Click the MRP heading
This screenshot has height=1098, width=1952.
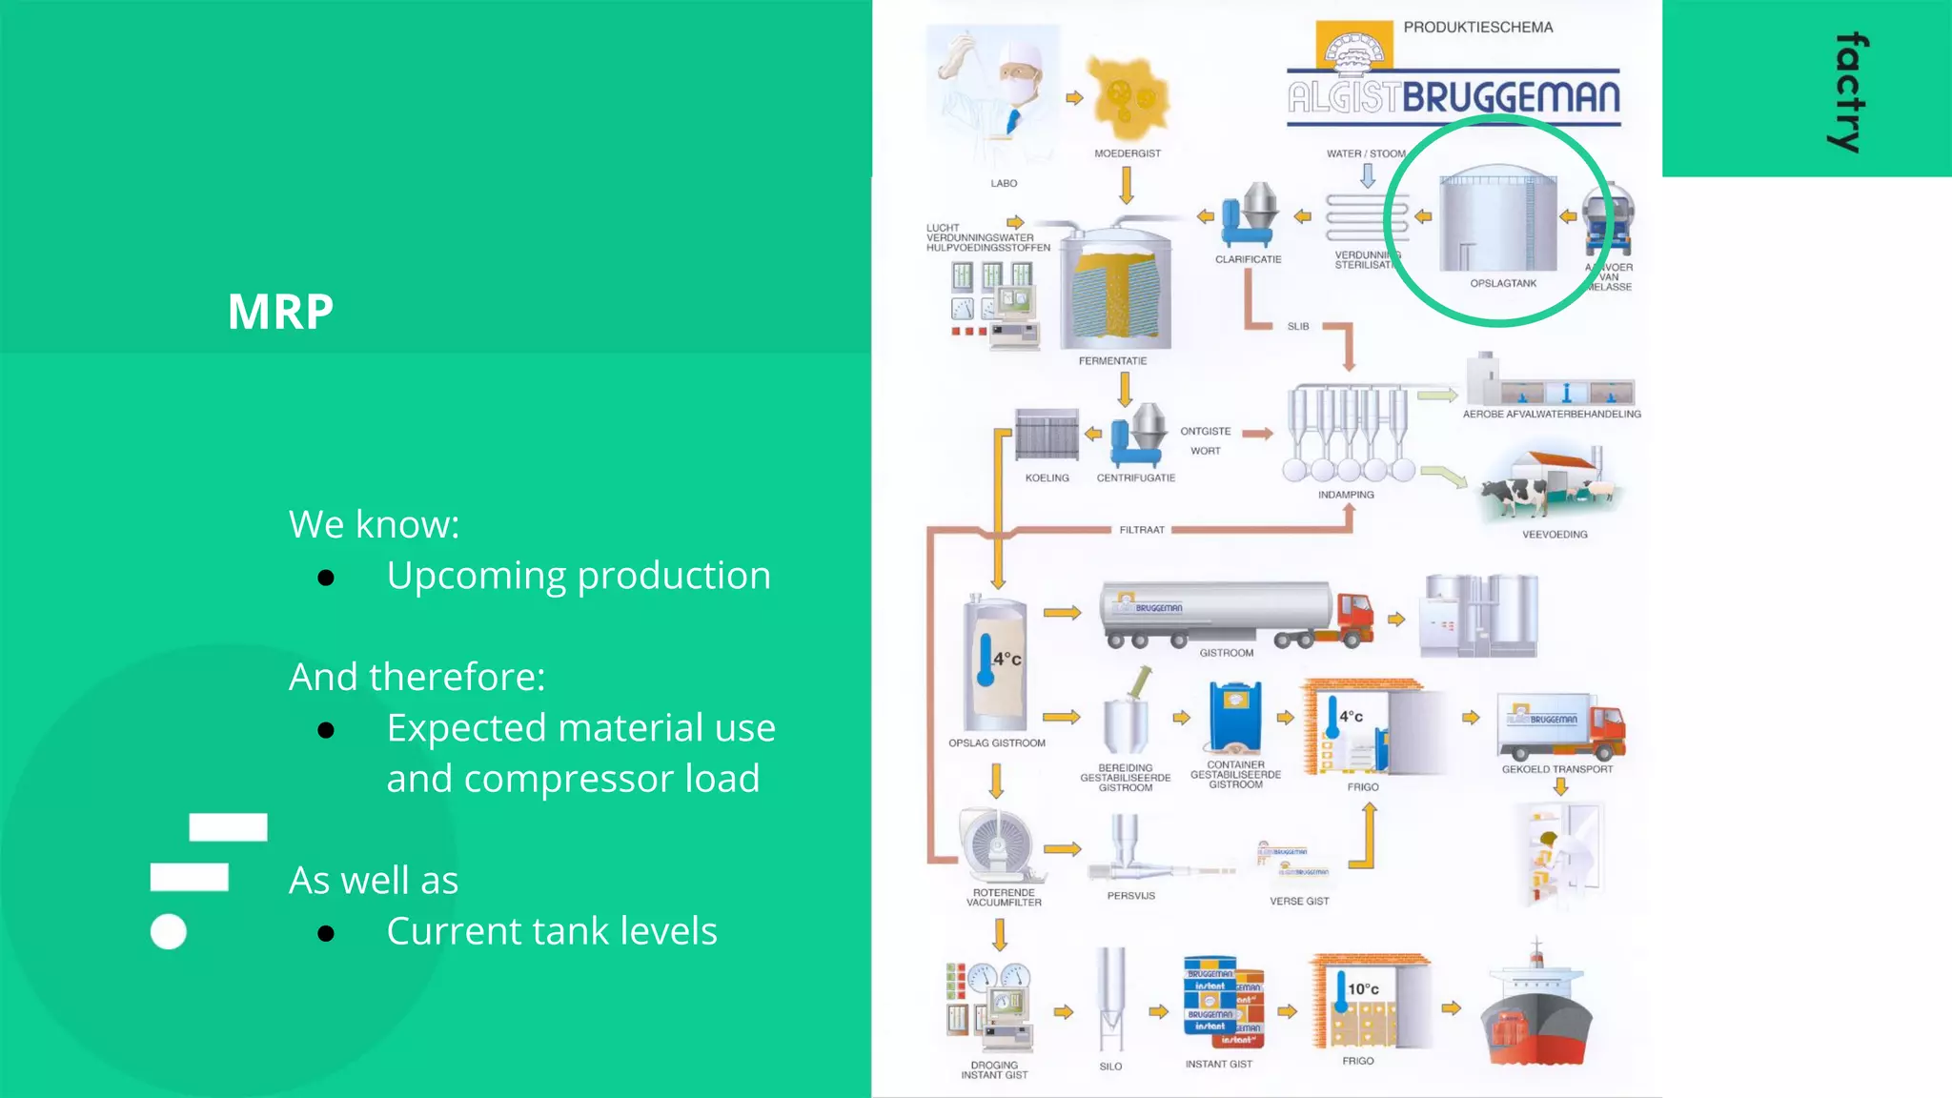[x=280, y=312]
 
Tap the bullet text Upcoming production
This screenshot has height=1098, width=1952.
[x=578, y=576]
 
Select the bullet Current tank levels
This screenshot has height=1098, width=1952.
[x=551, y=931]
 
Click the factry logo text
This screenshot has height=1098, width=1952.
[x=1850, y=92]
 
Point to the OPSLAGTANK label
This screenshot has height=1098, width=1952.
[x=1503, y=283]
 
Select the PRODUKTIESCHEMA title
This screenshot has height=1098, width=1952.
[x=1477, y=28]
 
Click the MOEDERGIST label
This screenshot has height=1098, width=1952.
[x=1128, y=153]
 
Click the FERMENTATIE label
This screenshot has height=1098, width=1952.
[x=1112, y=361]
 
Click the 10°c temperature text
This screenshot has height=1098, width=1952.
[x=1363, y=989]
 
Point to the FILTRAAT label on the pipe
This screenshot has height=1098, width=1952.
[x=1142, y=530]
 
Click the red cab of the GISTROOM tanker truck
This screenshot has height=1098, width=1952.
[x=1354, y=619]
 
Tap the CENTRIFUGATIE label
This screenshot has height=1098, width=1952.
[x=1135, y=478]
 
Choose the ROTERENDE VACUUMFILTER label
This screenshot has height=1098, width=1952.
[x=1004, y=898]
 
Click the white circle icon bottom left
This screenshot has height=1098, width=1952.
[x=169, y=932]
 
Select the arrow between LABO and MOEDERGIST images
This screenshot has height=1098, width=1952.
[x=1074, y=97]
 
